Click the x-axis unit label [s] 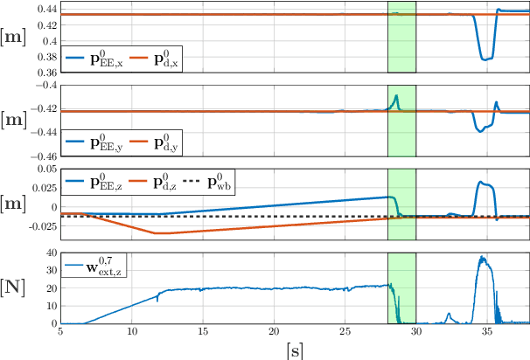(x=295, y=350)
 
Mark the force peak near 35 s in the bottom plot (x=481, y=258)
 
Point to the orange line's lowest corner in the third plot (x=156, y=233)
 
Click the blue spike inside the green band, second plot (x=396, y=95)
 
